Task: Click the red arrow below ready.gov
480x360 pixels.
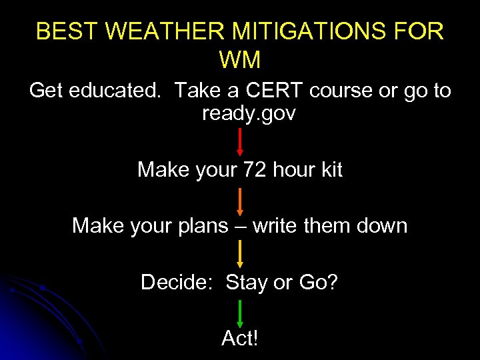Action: (240, 142)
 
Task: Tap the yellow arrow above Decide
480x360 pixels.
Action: (240, 254)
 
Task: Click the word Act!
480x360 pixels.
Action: (239, 339)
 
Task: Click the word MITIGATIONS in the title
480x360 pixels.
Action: (291, 31)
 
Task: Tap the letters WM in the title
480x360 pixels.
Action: (239, 60)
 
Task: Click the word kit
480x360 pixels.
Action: (330, 170)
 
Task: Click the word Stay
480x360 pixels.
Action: (247, 283)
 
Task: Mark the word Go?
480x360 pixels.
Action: (318, 283)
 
